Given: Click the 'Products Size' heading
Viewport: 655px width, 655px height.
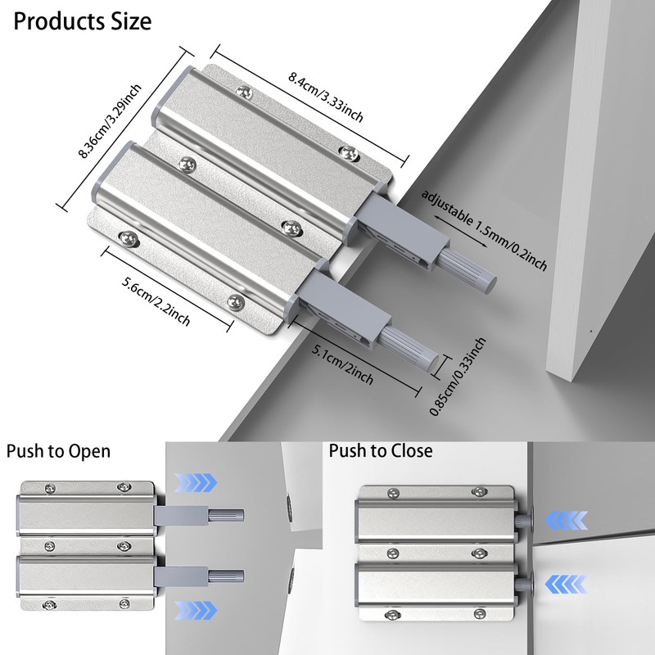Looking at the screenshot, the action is [83, 22].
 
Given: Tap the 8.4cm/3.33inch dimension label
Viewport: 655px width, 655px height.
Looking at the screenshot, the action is [326, 97].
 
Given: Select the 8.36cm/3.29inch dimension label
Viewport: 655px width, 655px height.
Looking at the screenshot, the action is [111, 120].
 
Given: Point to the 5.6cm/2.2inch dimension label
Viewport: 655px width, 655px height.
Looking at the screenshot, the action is [156, 300].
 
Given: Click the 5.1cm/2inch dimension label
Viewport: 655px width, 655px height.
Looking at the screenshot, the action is [343, 364].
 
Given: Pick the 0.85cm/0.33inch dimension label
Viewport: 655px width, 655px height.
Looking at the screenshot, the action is [458, 377].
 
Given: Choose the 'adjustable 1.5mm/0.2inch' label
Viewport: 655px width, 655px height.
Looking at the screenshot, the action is [484, 230].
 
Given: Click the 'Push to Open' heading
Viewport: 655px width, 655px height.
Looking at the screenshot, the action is [58, 452].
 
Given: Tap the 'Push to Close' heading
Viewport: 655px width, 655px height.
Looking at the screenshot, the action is [381, 451].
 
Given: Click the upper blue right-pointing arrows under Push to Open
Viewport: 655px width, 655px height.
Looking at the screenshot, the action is [195, 482].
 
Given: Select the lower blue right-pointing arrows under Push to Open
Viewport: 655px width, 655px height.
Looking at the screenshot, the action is [195, 611].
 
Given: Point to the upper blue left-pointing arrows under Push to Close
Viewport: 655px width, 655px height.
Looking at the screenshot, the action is [567, 521].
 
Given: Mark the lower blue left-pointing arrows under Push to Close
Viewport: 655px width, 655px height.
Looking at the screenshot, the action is [567, 584].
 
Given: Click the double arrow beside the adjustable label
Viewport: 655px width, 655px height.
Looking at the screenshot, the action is [460, 232].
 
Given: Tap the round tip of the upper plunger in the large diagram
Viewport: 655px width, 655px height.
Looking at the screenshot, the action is [489, 281].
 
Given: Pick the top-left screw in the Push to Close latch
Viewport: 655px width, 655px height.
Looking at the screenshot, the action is [393, 493].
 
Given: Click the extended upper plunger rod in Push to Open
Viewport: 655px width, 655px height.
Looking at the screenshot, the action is [226, 516].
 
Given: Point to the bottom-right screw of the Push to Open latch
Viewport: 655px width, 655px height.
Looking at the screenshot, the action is [124, 603].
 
